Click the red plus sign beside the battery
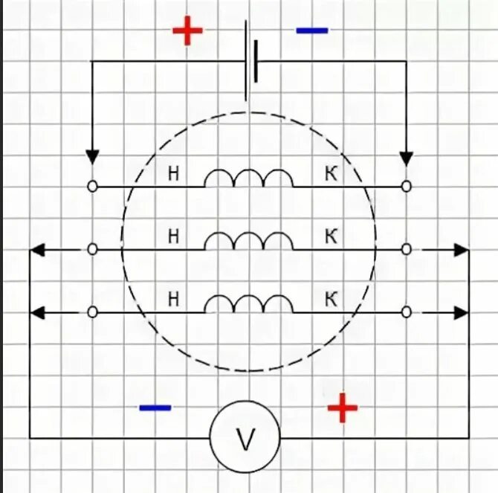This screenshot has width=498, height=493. click(187, 31)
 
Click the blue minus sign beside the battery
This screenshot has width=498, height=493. click(311, 31)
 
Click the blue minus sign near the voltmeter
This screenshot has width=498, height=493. click(155, 407)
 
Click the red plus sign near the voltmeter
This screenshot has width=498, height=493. click(343, 407)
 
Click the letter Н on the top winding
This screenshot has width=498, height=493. click(174, 174)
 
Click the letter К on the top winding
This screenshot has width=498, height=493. click(332, 174)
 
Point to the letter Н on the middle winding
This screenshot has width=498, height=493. click(174, 237)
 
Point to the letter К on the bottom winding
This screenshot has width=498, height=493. click(332, 300)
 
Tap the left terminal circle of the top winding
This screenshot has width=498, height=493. click(92, 187)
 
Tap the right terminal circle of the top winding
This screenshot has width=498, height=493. click(406, 187)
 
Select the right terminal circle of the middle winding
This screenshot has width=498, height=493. click(406, 250)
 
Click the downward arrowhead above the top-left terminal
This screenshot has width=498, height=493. click(92, 157)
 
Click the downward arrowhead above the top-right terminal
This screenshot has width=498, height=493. click(406, 158)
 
